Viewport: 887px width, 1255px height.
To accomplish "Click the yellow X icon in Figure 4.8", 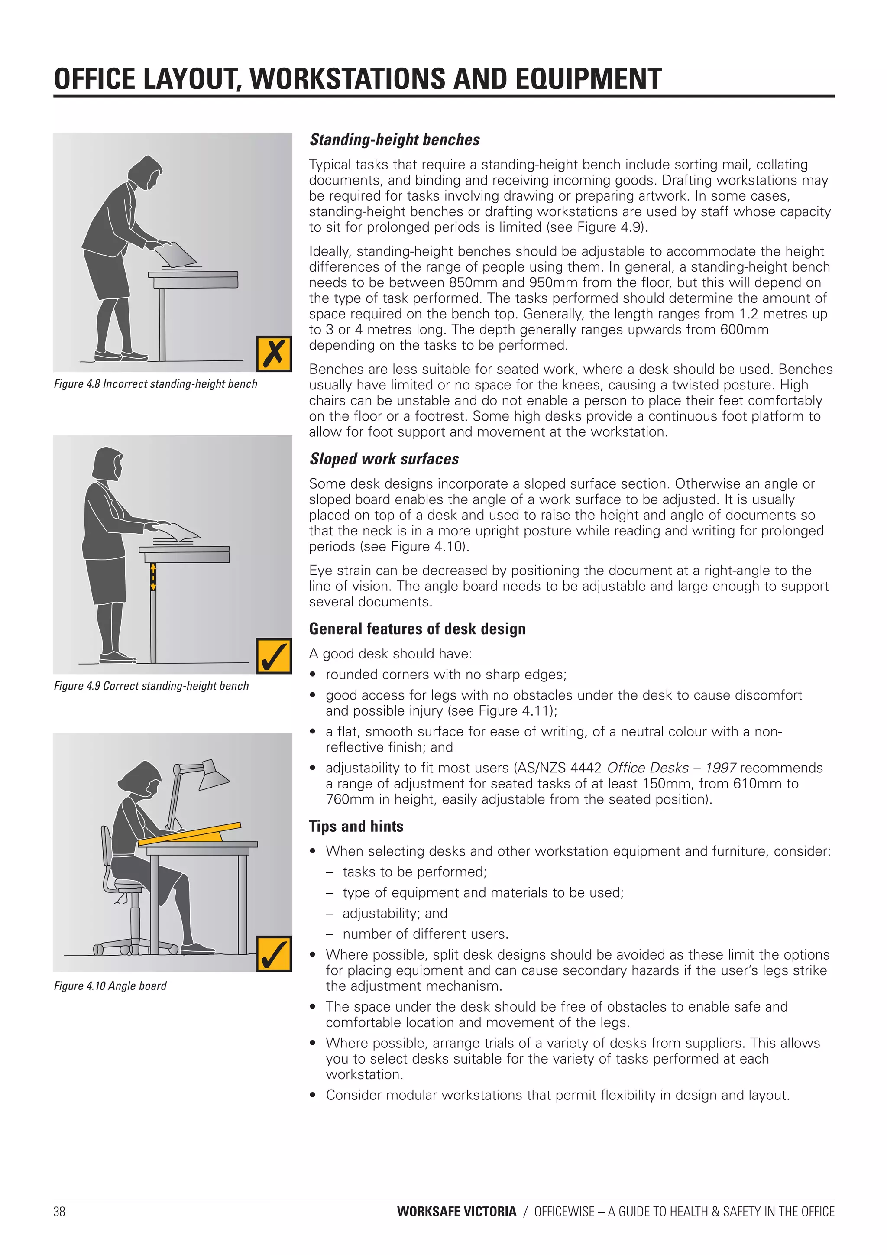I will (x=274, y=353).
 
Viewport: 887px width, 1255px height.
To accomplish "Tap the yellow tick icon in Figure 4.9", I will (x=274, y=656).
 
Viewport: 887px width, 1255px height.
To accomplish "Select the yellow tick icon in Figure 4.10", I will (x=274, y=954).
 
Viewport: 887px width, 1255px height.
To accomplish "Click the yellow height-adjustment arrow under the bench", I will (x=153, y=577).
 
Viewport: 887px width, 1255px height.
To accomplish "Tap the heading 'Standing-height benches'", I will (x=395, y=140).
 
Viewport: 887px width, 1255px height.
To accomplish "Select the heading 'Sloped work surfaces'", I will (x=384, y=459).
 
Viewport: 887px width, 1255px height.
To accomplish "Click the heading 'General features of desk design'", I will (x=418, y=629).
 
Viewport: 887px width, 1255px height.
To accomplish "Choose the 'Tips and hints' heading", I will (x=356, y=826).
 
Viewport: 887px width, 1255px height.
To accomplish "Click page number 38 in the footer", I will (x=59, y=1212).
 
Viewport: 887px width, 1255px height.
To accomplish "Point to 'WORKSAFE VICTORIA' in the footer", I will (x=456, y=1212).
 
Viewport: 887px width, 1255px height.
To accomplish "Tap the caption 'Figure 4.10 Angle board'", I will (x=110, y=986).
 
